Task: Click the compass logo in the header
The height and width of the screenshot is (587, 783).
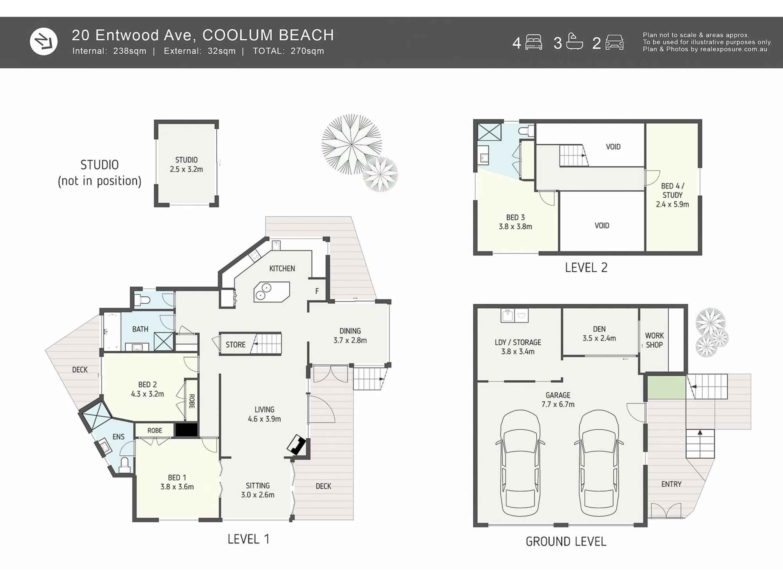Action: pos(43,41)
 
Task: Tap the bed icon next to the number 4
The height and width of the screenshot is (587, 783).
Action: pos(533,42)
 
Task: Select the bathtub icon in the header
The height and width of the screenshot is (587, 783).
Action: pos(574,42)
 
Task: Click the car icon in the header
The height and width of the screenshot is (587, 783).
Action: pos(614,42)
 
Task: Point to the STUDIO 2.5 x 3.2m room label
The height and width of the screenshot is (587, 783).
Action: pos(186,164)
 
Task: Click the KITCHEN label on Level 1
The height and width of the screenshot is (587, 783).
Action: pos(282,268)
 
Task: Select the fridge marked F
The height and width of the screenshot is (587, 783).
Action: pos(317,291)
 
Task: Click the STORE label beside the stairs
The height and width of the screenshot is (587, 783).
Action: pos(235,344)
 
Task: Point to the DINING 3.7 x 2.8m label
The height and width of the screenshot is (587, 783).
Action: pos(350,335)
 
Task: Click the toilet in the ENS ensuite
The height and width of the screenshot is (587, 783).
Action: pos(124,465)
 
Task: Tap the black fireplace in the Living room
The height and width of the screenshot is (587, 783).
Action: pos(296,445)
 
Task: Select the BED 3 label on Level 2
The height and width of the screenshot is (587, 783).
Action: pos(515,222)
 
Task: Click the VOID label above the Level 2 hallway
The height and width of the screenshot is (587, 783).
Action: pos(613,147)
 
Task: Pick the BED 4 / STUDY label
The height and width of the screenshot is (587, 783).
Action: pos(672,195)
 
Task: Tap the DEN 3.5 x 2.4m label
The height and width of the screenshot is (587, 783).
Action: pos(599,333)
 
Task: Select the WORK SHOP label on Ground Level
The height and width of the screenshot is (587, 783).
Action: pos(654,340)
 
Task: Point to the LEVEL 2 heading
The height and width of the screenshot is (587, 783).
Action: pos(586,268)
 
